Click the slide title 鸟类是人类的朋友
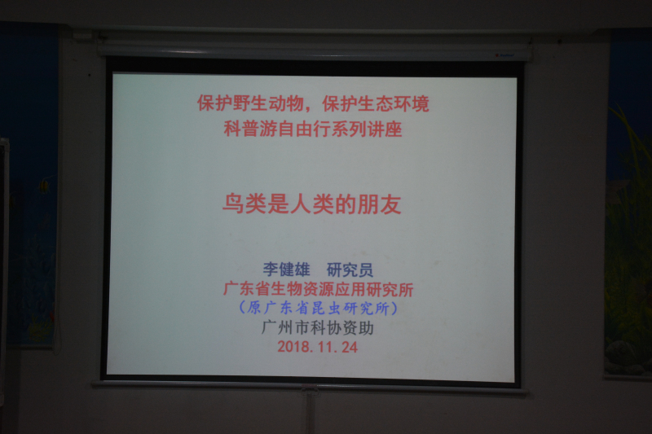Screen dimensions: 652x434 click(x=312, y=204)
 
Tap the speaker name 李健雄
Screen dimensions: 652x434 click(x=287, y=270)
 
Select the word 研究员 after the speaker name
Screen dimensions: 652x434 click(x=350, y=270)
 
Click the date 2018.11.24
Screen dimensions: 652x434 click(x=317, y=347)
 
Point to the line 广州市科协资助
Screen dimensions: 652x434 click(x=317, y=327)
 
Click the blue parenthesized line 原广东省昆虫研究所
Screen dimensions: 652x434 click(x=318, y=308)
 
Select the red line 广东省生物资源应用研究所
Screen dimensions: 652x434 click(x=318, y=290)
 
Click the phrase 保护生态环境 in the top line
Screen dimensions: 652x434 click(x=376, y=103)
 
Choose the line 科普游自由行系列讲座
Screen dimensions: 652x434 click(x=313, y=129)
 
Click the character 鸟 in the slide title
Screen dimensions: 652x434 click(x=233, y=204)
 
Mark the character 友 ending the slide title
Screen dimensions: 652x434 click(x=390, y=204)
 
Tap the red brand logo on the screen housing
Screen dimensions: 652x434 click(x=504, y=55)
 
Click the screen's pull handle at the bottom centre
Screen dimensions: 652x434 click(x=310, y=390)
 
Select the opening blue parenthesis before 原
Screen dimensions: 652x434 click(x=242, y=308)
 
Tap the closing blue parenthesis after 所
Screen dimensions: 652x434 click(x=394, y=308)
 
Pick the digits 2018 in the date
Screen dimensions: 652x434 click(x=293, y=347)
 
